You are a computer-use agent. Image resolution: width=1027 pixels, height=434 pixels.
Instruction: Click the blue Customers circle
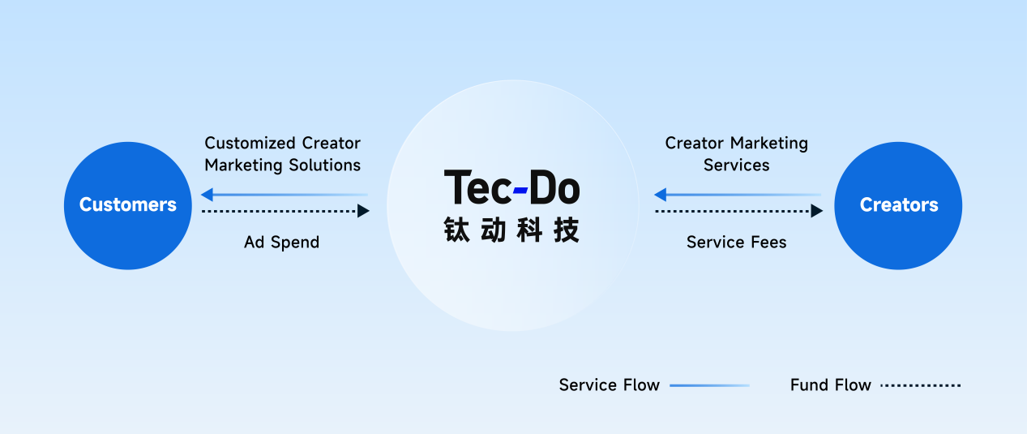tap(128, 205)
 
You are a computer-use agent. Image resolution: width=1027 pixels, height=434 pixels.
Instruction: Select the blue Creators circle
tap(898, 205)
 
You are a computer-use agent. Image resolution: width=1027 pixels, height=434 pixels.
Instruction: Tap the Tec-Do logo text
tap(511, 187)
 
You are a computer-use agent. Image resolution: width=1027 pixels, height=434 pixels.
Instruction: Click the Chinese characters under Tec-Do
tap(511, 230)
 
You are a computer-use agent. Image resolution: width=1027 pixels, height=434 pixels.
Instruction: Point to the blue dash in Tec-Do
tap(520, 191)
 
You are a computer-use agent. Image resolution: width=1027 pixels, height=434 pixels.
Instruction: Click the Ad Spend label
tap(281, 242)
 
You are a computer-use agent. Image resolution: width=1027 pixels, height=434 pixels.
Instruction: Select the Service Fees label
tap(736, 242)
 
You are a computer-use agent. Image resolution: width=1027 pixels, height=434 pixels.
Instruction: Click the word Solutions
tap(327, 165)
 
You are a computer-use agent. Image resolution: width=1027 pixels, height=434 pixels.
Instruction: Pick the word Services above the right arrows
tap(736, 165)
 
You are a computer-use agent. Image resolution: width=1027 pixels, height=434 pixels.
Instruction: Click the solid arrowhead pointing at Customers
tap(207, 195)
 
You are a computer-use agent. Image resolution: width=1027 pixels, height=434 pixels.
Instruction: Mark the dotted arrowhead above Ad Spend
tap(363, 211)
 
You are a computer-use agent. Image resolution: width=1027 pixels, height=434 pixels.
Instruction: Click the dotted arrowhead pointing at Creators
tap(816, 211)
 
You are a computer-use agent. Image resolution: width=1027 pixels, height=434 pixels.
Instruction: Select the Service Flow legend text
tap(609, 385)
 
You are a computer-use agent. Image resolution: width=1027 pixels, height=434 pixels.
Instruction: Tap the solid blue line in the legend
tap(709, 385)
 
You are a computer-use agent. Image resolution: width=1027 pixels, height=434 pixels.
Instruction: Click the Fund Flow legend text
tap(830, 385)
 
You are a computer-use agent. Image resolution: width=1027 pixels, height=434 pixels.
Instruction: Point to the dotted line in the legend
tap(920, 385)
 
